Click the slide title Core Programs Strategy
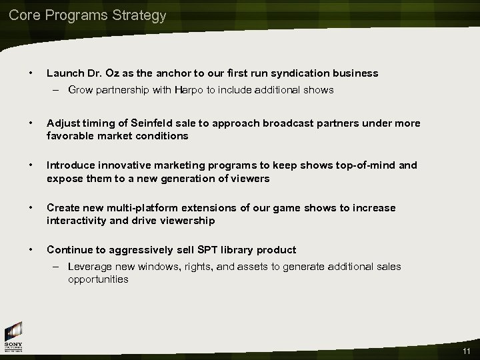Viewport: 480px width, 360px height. pos(87,15)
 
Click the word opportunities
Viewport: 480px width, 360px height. pos(98,279)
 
